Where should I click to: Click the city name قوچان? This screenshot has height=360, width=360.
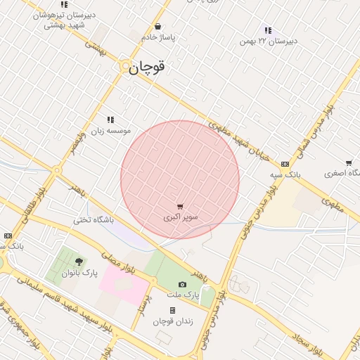click(148, 67)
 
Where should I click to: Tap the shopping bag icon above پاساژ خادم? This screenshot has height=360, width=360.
click(157, 27)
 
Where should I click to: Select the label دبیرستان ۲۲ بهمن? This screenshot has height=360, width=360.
click(268, 41)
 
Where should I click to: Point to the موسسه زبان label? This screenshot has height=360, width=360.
click(109, 131)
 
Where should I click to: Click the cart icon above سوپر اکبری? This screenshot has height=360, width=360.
click(181, 207)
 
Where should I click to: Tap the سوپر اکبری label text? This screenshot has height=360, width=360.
click(181, 218)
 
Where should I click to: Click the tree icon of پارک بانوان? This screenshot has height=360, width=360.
click(77, 262)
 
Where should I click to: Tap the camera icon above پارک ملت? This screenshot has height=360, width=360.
click(183, 284)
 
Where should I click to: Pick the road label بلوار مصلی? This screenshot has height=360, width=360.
click(117, 264)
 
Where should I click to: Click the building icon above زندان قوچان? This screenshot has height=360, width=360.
click(172, 310)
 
